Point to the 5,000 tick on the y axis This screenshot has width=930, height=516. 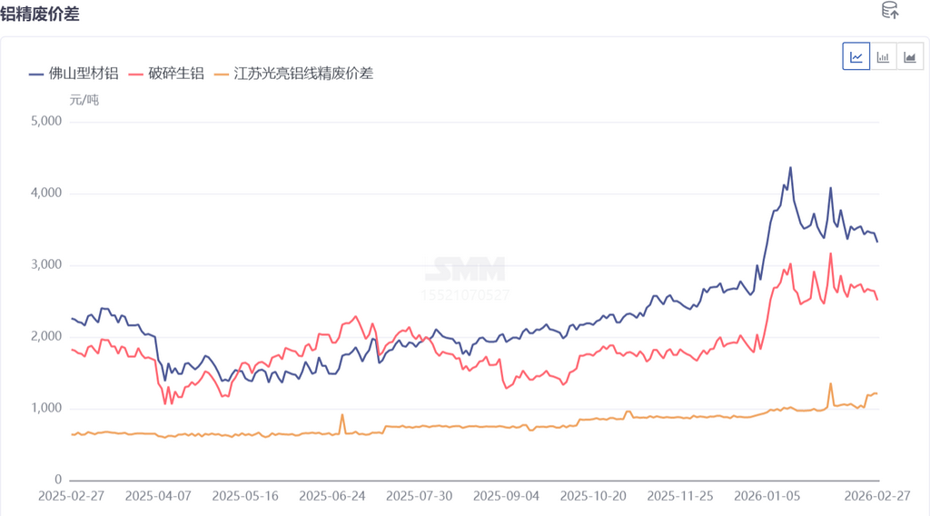45,122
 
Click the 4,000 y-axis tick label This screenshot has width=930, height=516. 45,193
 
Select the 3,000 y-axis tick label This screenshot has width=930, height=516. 45,265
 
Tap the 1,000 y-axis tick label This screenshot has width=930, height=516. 45,409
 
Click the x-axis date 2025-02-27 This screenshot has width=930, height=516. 72,496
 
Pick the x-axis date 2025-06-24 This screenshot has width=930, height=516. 332,496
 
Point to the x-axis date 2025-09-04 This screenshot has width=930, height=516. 507,496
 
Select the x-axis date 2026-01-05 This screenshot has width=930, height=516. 769,496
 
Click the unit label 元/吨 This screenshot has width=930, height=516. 84,100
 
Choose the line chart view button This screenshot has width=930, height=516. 856,56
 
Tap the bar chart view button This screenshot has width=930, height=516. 883,56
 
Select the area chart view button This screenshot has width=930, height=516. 909,56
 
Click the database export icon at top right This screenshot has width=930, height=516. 890,11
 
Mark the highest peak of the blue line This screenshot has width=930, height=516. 790,167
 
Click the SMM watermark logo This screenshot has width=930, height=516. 466,270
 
